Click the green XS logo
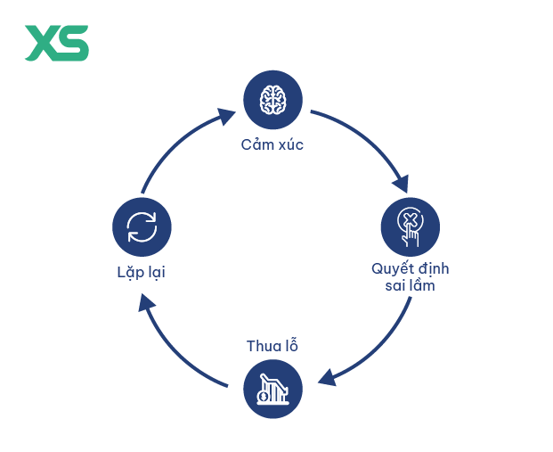point(56,43)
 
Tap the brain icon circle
point(272,100)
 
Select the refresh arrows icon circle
point(142,227)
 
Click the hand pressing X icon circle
point(411,227)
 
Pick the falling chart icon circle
point(272,389)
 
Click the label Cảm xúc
point(272,144)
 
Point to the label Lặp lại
point(141,273)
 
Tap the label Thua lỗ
point(272,345)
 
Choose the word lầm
point(423,284)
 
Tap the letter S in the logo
point(73,43)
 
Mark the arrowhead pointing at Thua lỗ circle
point(328,377)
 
